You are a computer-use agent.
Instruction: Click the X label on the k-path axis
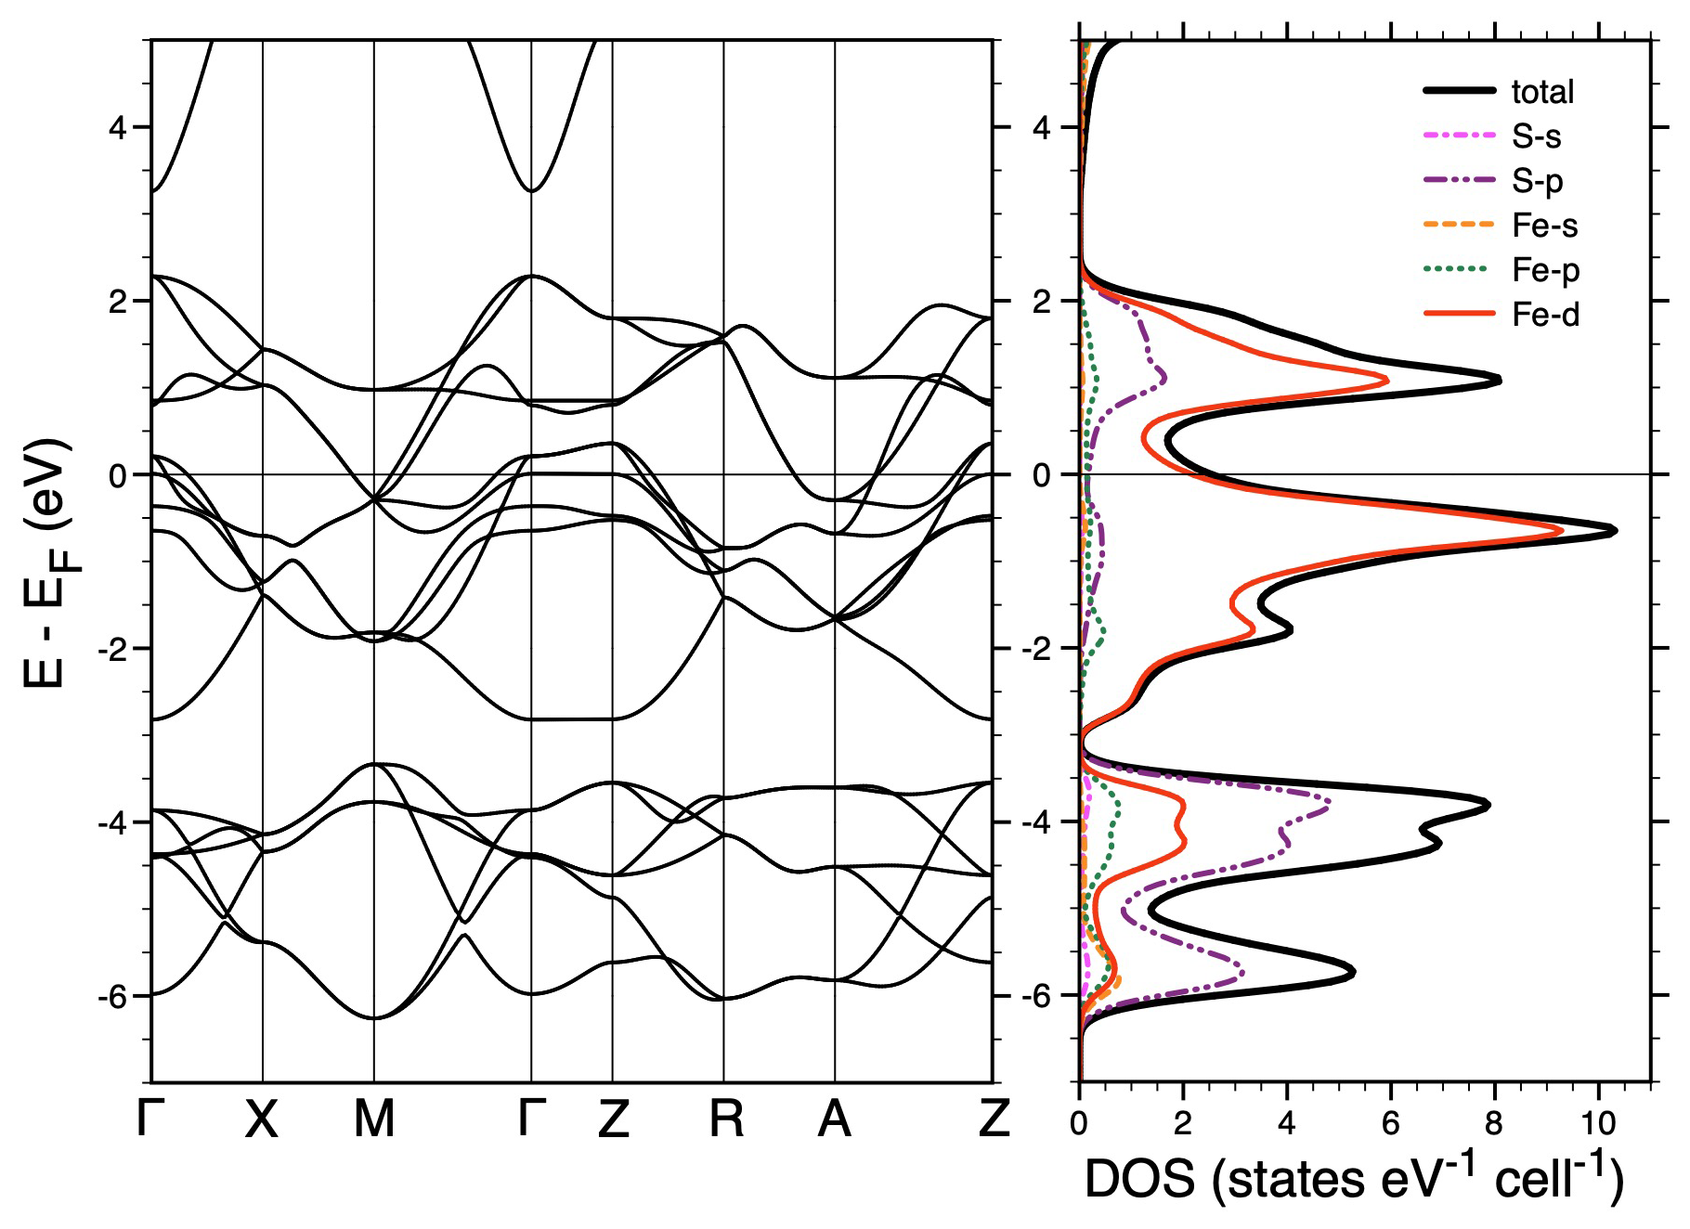(262, 1120)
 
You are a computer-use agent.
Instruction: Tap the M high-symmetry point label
(374, 1120)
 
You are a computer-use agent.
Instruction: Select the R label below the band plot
(726, 1120)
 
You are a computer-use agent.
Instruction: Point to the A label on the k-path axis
(834, 1120)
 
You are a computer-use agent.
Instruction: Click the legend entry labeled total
(1542, 92)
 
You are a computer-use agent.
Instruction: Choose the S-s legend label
(1536, 136)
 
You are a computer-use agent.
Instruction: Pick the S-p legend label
(1537, 181)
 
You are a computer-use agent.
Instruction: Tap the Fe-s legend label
(1544, 226)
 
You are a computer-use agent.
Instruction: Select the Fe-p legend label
(1545, 270)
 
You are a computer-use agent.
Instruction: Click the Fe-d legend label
(1545, 315)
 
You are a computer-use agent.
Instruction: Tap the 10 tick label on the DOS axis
(1597, 1124)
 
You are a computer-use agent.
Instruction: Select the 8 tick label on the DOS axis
(1493, 1124)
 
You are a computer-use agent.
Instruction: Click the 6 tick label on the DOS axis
(1390, 1124)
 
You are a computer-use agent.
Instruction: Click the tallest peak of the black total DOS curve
(1615, 531)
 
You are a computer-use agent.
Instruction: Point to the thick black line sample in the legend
(1459, 91)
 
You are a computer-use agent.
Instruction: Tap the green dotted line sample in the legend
(1459, 270)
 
